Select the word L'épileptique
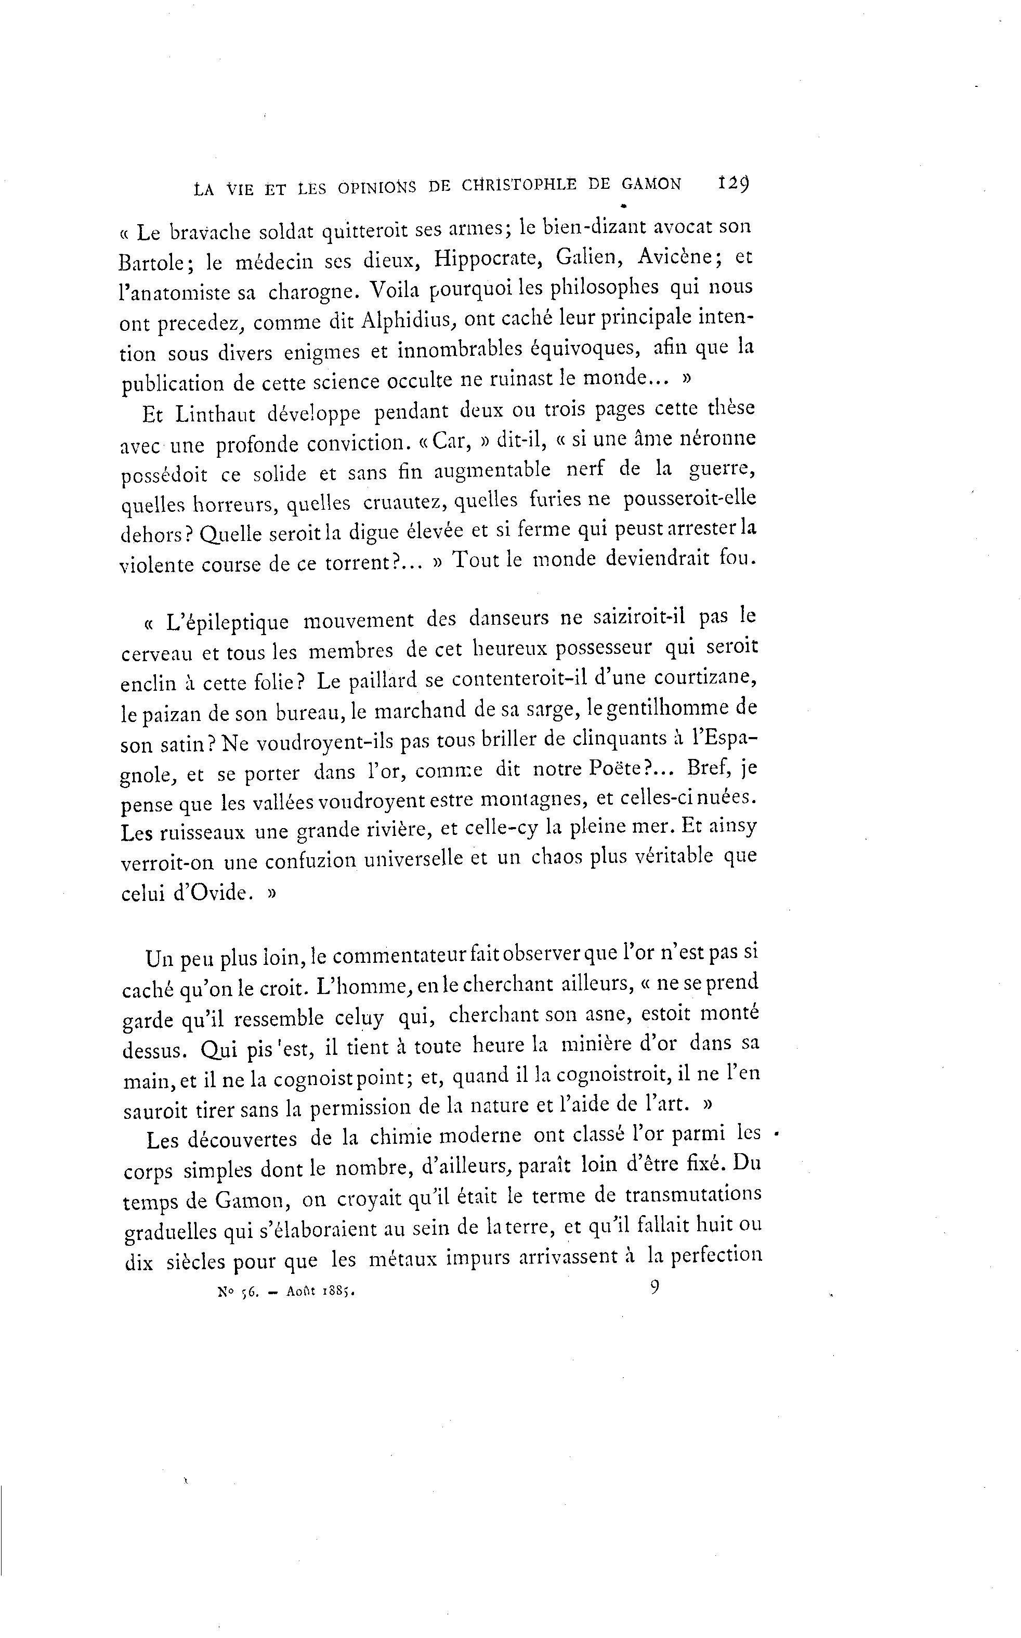tap(228, 622)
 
